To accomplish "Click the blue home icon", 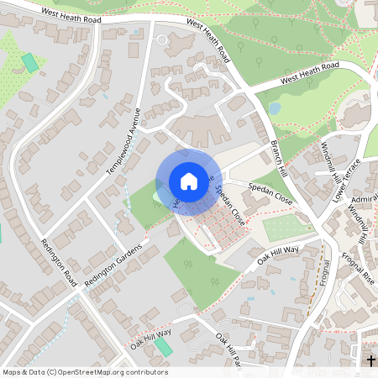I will coord(189,181).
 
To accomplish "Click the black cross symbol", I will coord(371,361).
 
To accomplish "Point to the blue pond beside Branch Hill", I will coord(274,108).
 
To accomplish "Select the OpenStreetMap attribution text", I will coord(84,372).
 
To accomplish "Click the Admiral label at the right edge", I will coord(365,198).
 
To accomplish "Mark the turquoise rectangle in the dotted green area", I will coord(30,61).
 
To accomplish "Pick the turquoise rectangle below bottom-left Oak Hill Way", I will coord(163,347).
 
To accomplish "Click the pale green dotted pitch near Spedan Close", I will coord(289,228).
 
